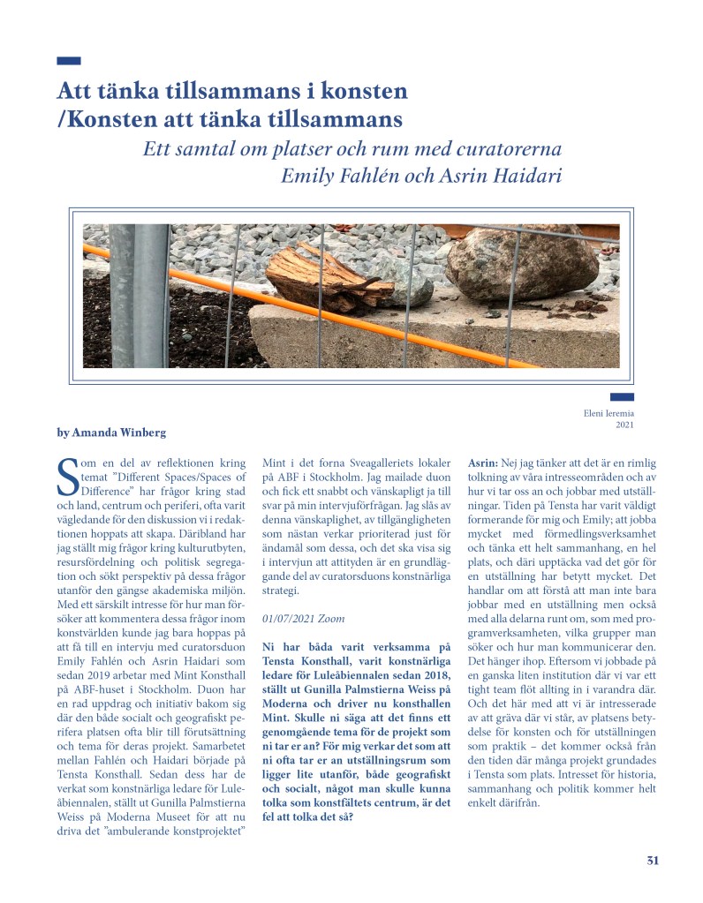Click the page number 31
pyautogui.click(x=652, y=862)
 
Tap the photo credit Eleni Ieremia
pyautogui.click(x=609, y=412)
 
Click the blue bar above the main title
pyautogui.click(x=68, y=61)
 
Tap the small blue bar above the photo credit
pyautogui.click(x=622, y=397)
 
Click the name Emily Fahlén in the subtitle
pyautogui.click(x=340, y=175)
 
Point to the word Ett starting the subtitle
pyautogui.click(x=158, y=148)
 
